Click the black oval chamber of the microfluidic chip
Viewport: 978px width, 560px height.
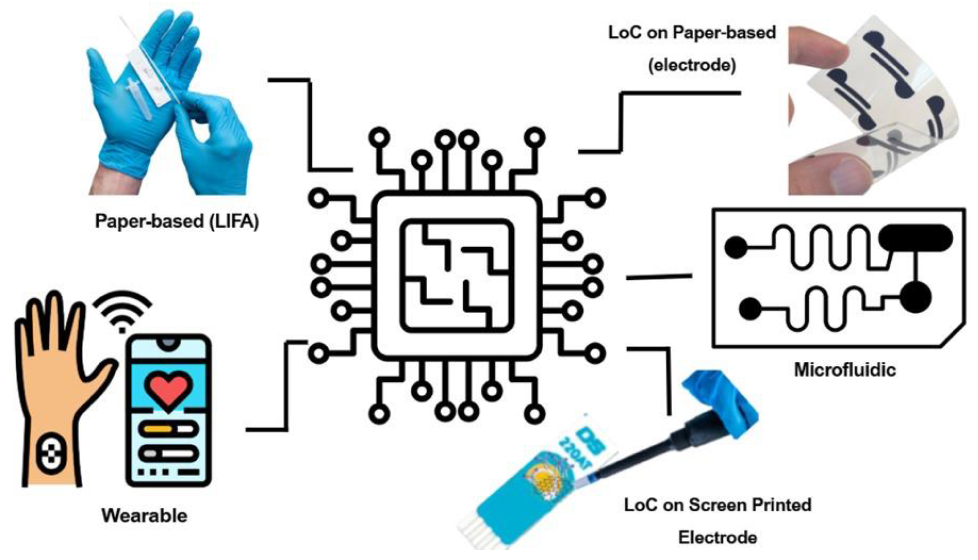pyautogui.click(x=915, y=239)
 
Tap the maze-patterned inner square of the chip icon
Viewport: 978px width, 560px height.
pyautogui.click(x=457, y=276)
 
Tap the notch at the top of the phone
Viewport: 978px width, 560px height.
pyautogui.click(x=168, y=344)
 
